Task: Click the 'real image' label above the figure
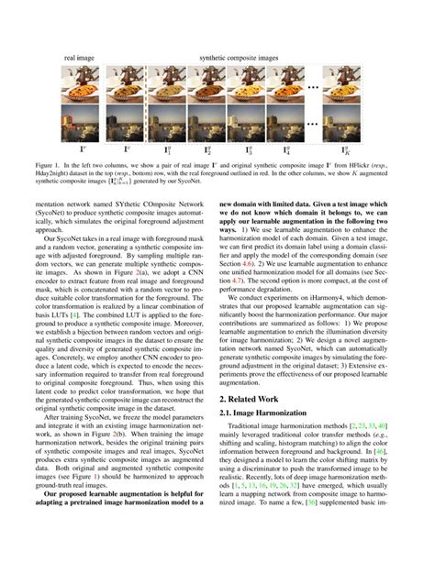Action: point(80,58)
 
